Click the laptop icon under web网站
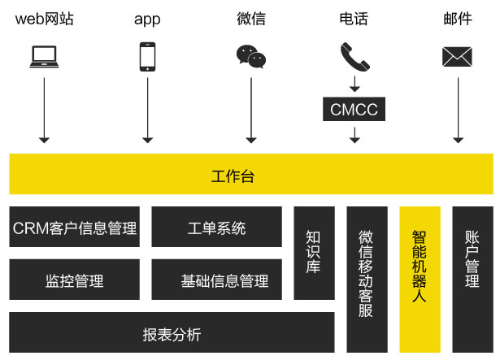click(x=44, y=56)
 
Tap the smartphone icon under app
click(x=147, y=57)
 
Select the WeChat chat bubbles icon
click(x=250, y=56)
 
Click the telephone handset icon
click(x=354, y=56)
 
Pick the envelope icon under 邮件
click(x=458, y=56)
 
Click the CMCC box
click(x=354, y=109)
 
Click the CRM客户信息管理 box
click(x=74, y=227)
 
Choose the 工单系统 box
click(x=216, y=227)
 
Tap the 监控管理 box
click(x=74, y=280)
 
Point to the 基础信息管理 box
click(x=216, y=280)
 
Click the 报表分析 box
click(x=171, y=333)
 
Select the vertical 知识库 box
click(x=314, y=252)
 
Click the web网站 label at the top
click(x=44, y=18)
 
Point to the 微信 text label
click(x=250, y=18)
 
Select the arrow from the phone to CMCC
click(x=354, y=84)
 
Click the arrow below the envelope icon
click(x=458, y=110)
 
